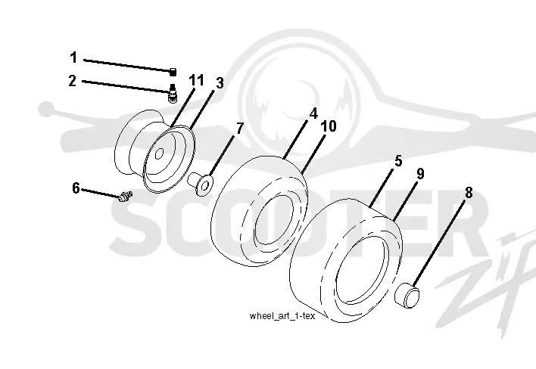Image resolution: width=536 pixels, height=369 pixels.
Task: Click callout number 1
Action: coord(73,57)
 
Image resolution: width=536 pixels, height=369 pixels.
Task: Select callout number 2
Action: coord(72,81)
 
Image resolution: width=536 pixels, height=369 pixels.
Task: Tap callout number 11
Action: coord(196,81)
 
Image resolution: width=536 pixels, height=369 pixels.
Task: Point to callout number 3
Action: coord(220,82)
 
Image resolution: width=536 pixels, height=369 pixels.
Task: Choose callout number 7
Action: coord(240,129)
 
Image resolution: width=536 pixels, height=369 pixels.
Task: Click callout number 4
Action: coord(313,113)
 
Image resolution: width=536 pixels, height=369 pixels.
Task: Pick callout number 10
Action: coord(329,126)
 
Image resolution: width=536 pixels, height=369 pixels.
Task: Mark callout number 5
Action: coord(398,161)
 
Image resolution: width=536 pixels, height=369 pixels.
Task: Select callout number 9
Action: coord(420,174)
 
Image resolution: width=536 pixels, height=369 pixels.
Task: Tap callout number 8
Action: coord(469,193)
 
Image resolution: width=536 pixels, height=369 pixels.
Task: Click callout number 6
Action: coord(76,188)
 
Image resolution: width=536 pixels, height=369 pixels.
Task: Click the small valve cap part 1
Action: coord(173,72)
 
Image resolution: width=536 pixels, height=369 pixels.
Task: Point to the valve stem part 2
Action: coord(173,92)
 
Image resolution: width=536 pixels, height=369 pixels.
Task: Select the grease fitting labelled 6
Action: coord(125,197)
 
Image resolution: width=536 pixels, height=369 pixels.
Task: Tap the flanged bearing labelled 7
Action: coord(201,184)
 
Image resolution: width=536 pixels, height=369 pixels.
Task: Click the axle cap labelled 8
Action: coord(407,295)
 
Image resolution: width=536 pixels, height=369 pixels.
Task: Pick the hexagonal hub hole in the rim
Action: coord(159,153)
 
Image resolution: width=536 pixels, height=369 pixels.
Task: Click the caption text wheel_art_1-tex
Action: coord(282,316)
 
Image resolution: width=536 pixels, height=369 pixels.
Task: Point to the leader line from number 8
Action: coord(438,243)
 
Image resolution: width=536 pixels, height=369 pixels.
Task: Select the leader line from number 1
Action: coord(127,66)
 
